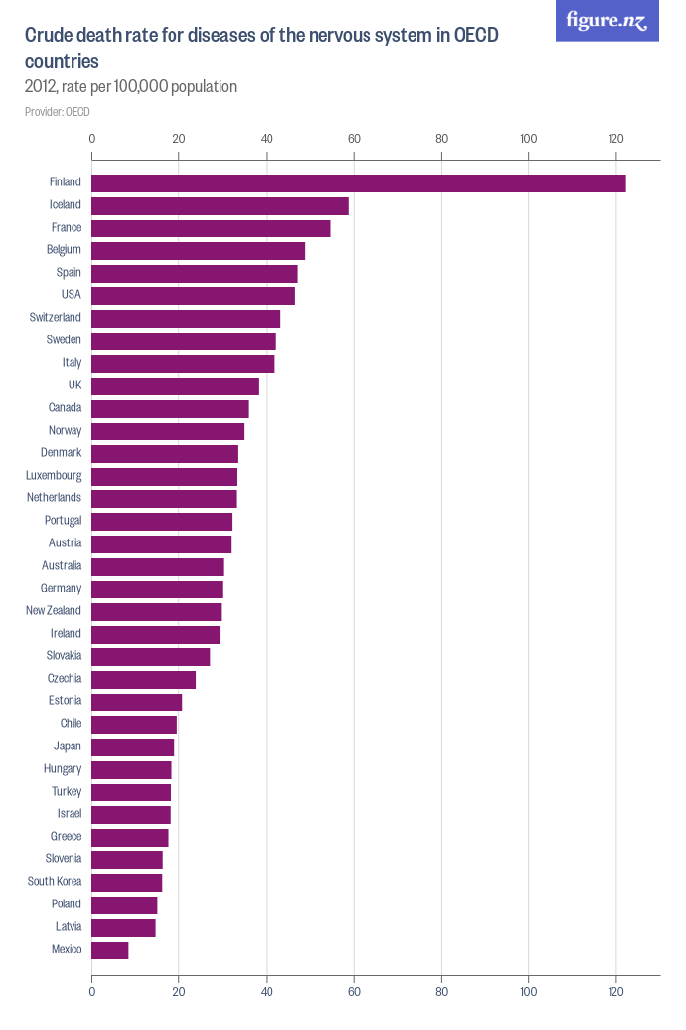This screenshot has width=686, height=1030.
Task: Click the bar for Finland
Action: pyautogui.click(x=358, y=182)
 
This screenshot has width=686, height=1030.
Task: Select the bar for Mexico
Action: pyautogui.click(x=110, y=950)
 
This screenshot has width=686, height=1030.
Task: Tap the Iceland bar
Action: pyautogui.click(x=220, y=205)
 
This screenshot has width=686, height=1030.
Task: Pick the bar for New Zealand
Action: pyautogui.click(x=157, y=611)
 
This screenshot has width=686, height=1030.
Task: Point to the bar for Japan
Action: pyautogui.click(x=132, y=747)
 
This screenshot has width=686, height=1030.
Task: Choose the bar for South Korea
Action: pyautogui.click(x=126, y=882)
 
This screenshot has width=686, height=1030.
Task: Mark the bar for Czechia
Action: pyautogui.click(x=143, y=679)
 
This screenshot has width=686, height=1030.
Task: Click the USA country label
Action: pyautogui.click(x=71, y=295)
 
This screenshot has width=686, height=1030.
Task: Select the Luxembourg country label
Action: pyautogui.click(x=54, y=476)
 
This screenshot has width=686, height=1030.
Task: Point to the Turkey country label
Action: pyautogui.click(x=67, y=792)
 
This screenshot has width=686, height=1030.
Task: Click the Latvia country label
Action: pyautogui.click(x=68, y=927)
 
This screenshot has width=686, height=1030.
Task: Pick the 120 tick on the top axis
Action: pyautogui.click(x=615, y=139)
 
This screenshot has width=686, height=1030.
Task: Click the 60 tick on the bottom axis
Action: pyautogui.click(x=354, y=991)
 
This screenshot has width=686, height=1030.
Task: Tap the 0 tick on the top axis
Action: pyautogui.click(x=91, y=139)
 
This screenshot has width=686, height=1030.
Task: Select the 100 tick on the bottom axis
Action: pyautogui.click(x=528, y=991)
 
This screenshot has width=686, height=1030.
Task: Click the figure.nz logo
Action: pyautogui.click(x=607, y=21)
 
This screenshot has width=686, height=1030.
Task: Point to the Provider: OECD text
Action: pyautogui.click(x=58, y=112)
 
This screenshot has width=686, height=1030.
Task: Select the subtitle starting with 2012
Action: pyautogui.click(x=131, y=86)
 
